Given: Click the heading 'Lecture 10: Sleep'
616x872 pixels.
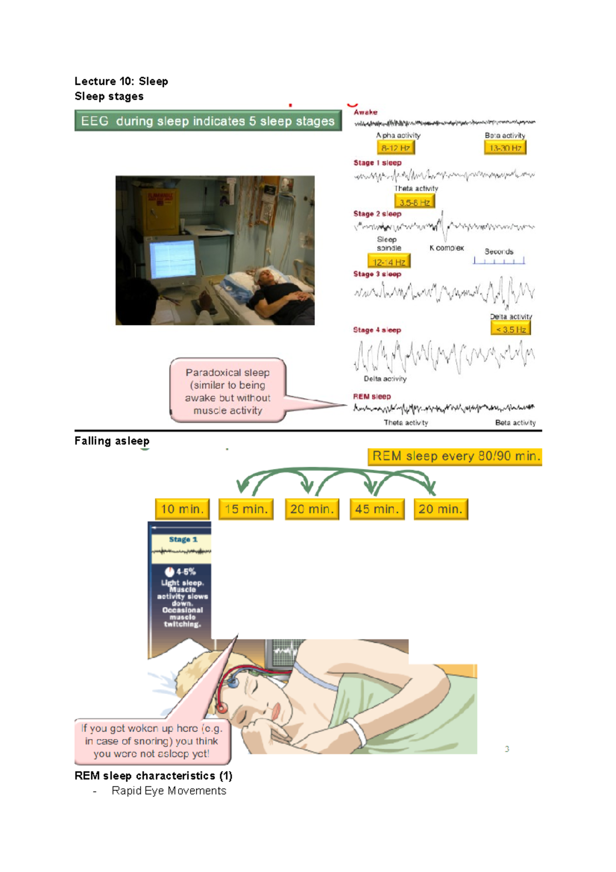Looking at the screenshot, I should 121,81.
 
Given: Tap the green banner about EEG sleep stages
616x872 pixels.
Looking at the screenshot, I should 208,121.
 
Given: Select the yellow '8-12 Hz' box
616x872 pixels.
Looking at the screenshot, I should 395,148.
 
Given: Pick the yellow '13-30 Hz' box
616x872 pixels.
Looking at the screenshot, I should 505,148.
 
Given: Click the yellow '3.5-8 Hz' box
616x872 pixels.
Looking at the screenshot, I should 414,202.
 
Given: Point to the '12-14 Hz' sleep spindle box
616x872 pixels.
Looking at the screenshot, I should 389,262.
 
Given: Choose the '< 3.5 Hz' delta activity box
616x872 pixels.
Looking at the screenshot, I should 510,329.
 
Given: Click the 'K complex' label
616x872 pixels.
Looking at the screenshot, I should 447,248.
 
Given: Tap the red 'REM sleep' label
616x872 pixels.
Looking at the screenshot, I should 372,396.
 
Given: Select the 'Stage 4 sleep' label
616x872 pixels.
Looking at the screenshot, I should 377,330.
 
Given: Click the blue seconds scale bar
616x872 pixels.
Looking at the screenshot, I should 499,261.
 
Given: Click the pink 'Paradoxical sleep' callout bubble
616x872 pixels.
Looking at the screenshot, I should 228,391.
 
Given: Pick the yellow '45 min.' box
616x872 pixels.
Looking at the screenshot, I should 377,509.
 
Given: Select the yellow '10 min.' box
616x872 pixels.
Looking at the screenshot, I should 182,509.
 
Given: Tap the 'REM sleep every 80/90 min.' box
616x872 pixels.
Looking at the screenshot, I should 455,457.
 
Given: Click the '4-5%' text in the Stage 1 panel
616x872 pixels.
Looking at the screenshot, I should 185,572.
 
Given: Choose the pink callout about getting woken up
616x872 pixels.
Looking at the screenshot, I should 152,741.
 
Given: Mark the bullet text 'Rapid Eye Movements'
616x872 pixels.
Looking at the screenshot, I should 169,791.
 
